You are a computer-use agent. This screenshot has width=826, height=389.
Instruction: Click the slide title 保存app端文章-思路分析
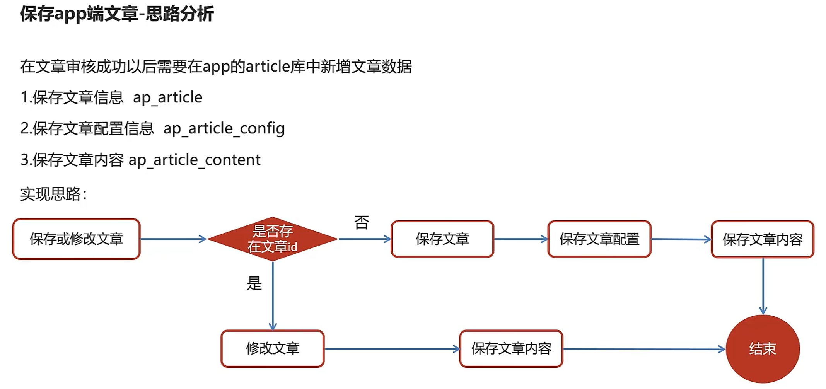point(117,14)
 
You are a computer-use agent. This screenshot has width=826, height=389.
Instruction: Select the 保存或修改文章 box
point(76,239)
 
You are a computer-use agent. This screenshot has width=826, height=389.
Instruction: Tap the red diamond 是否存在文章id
point(273,239)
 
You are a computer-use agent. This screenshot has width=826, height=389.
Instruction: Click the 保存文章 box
point(442,239)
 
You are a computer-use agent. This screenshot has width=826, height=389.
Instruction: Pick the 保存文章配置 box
point(599,239)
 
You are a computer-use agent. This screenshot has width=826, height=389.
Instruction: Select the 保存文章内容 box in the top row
point(763,239)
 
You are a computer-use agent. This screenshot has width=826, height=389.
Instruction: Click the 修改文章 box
point(273,348)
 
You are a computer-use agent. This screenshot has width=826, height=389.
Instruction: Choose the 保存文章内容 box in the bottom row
point(511,348)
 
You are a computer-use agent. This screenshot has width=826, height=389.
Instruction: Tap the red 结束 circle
point(763,349)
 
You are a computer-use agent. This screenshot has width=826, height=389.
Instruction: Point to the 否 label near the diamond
point(362,223)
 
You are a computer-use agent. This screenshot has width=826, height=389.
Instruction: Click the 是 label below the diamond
point(254,283)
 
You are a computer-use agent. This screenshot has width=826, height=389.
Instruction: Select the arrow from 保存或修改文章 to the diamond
point(173,239)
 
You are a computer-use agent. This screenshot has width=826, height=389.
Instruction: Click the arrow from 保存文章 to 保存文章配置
point(521,239)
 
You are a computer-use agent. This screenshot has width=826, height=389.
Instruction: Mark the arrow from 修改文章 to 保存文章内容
point(392,349)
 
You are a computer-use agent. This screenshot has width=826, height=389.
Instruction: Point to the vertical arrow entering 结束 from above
point(763,286)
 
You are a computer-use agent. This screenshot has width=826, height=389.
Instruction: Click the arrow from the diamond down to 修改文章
point(273,296)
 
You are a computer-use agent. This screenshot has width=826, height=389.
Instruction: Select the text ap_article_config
point(224,128)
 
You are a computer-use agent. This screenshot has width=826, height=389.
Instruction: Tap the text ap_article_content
point(195,160)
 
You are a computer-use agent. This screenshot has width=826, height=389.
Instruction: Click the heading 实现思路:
point(53,194)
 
